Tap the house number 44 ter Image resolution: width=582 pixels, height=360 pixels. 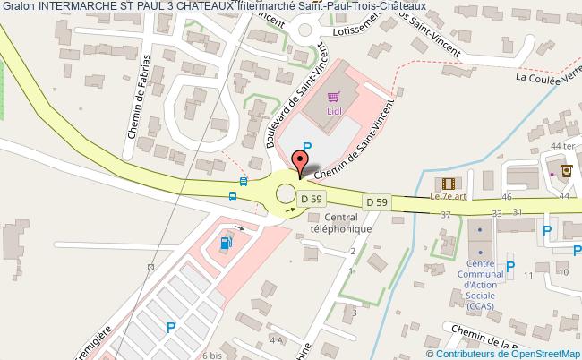click(x=561, y=146)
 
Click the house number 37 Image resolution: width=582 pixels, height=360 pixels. click(x=446, y=213)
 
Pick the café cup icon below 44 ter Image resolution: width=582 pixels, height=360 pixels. click(x=565, y=167)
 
